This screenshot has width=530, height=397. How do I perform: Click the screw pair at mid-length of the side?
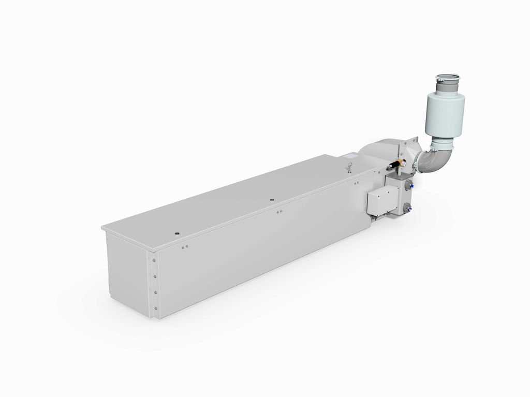(x=279, y=211)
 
